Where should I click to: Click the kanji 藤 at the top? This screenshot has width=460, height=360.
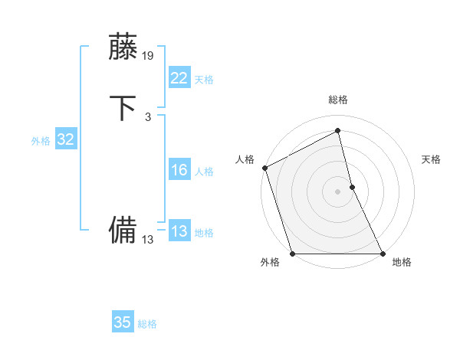coord(123,47)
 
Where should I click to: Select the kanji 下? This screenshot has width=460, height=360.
coord(123,108)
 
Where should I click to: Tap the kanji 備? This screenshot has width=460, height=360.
coord(123,230)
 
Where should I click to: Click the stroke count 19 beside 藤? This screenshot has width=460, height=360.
coord(149,55)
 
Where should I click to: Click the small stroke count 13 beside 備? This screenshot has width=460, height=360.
coord(148,240)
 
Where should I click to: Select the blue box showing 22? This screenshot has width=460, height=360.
coord(179,78)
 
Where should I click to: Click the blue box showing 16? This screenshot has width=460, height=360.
coord(179,170)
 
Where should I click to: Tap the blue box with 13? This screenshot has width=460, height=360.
coord(179,231)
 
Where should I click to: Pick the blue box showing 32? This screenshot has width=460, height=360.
coord(65,139)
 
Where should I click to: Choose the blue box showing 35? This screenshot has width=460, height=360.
coord(123,322)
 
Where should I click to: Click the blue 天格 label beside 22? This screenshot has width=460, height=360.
coord(204,80)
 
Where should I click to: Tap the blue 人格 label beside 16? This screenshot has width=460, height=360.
coord(204,172)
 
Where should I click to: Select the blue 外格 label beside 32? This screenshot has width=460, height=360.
coord(41,141)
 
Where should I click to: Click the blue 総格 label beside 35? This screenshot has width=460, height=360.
coord(147,324)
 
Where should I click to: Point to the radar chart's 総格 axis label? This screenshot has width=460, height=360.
coord(337,100)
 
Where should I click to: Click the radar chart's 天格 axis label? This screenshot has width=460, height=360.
coord(431,159)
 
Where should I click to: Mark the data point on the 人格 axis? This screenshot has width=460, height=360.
coord(264,168)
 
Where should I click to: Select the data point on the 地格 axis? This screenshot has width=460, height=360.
coord(383,254)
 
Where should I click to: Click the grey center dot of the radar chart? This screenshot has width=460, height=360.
coord(337,191)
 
